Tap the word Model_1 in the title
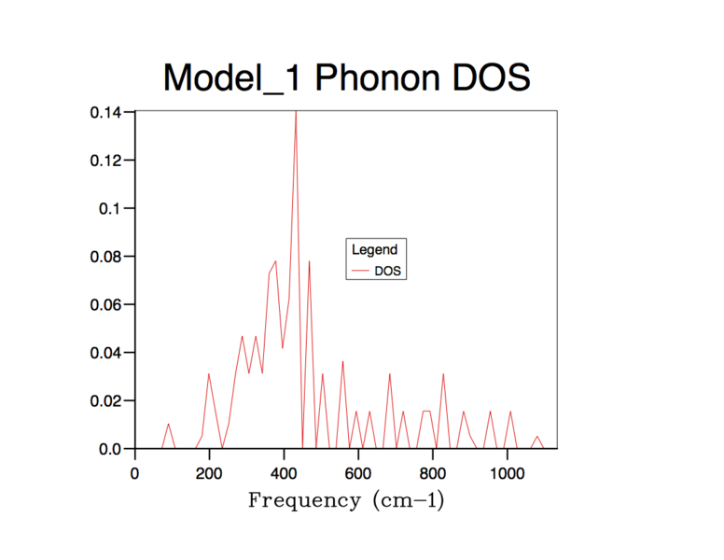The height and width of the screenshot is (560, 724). (233, 78)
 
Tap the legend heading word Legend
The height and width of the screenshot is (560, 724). (374, 250)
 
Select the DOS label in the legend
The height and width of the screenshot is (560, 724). (387, 271)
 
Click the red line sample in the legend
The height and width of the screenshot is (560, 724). (360, 271)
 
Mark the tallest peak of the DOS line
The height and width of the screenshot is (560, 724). (296, 111)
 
